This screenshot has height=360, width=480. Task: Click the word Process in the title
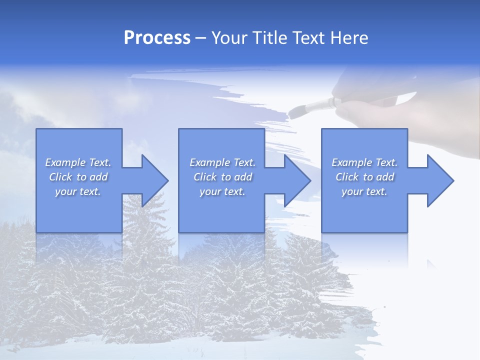tap(157, 38)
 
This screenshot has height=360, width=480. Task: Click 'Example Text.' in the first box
tap(78, 162)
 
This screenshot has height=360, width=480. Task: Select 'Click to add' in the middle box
tap(222, 177)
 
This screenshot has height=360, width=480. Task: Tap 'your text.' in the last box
tap(364, 191)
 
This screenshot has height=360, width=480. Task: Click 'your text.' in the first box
tap(78, 191)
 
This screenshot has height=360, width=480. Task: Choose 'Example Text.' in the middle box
tap(222, 162)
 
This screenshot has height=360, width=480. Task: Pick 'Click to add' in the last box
tap(364, 177)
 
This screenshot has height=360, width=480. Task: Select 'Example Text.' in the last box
tap(364, 162)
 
